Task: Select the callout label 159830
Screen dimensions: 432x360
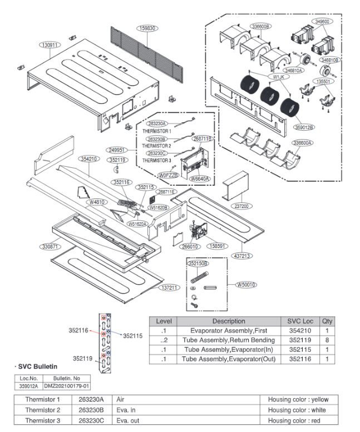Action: coord(147,28)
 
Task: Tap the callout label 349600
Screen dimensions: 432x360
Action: coord(322,22)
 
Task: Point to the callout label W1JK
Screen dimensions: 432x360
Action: coord(279,77)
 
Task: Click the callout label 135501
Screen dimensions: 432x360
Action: coord(323,81)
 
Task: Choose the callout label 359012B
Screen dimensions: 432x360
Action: coord(305,127)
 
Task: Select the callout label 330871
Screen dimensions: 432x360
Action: coord(50,246)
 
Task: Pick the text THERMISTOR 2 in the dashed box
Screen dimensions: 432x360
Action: coord(156,146)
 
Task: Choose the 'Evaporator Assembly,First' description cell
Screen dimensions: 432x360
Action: coord(228,330)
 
